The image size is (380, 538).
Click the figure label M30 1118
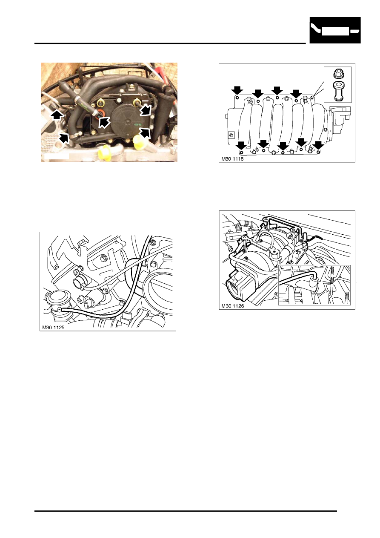click(x=232, y=159)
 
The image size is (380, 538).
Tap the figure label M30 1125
click(x=53, y=328)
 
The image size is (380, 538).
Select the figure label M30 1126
click(x=232, y=306)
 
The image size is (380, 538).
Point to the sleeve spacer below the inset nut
click(x=338, y=91)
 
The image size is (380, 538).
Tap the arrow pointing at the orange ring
click(x=104, y=123)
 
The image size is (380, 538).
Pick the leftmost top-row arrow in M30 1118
click(x=237, y=91)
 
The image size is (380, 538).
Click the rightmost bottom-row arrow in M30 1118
click(x=319, y=145)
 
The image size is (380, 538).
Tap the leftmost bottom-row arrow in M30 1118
click(x=241, y=145)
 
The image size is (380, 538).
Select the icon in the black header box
click(x=335, y=31)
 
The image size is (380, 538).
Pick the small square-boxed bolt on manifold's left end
click(x=231, y=135)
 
